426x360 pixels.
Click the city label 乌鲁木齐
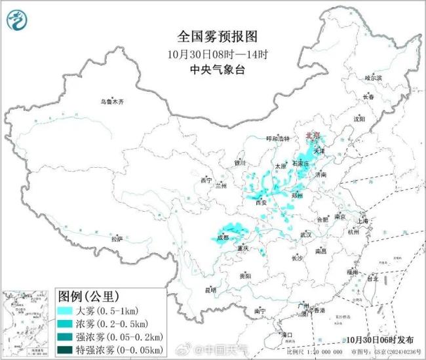[x=111, y=102]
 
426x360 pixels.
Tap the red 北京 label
[x=312, y=136]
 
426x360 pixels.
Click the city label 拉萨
[x=117, y=239]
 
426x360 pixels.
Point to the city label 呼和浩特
[x=277, y=139]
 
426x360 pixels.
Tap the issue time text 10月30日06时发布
[x=381, y=340]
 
